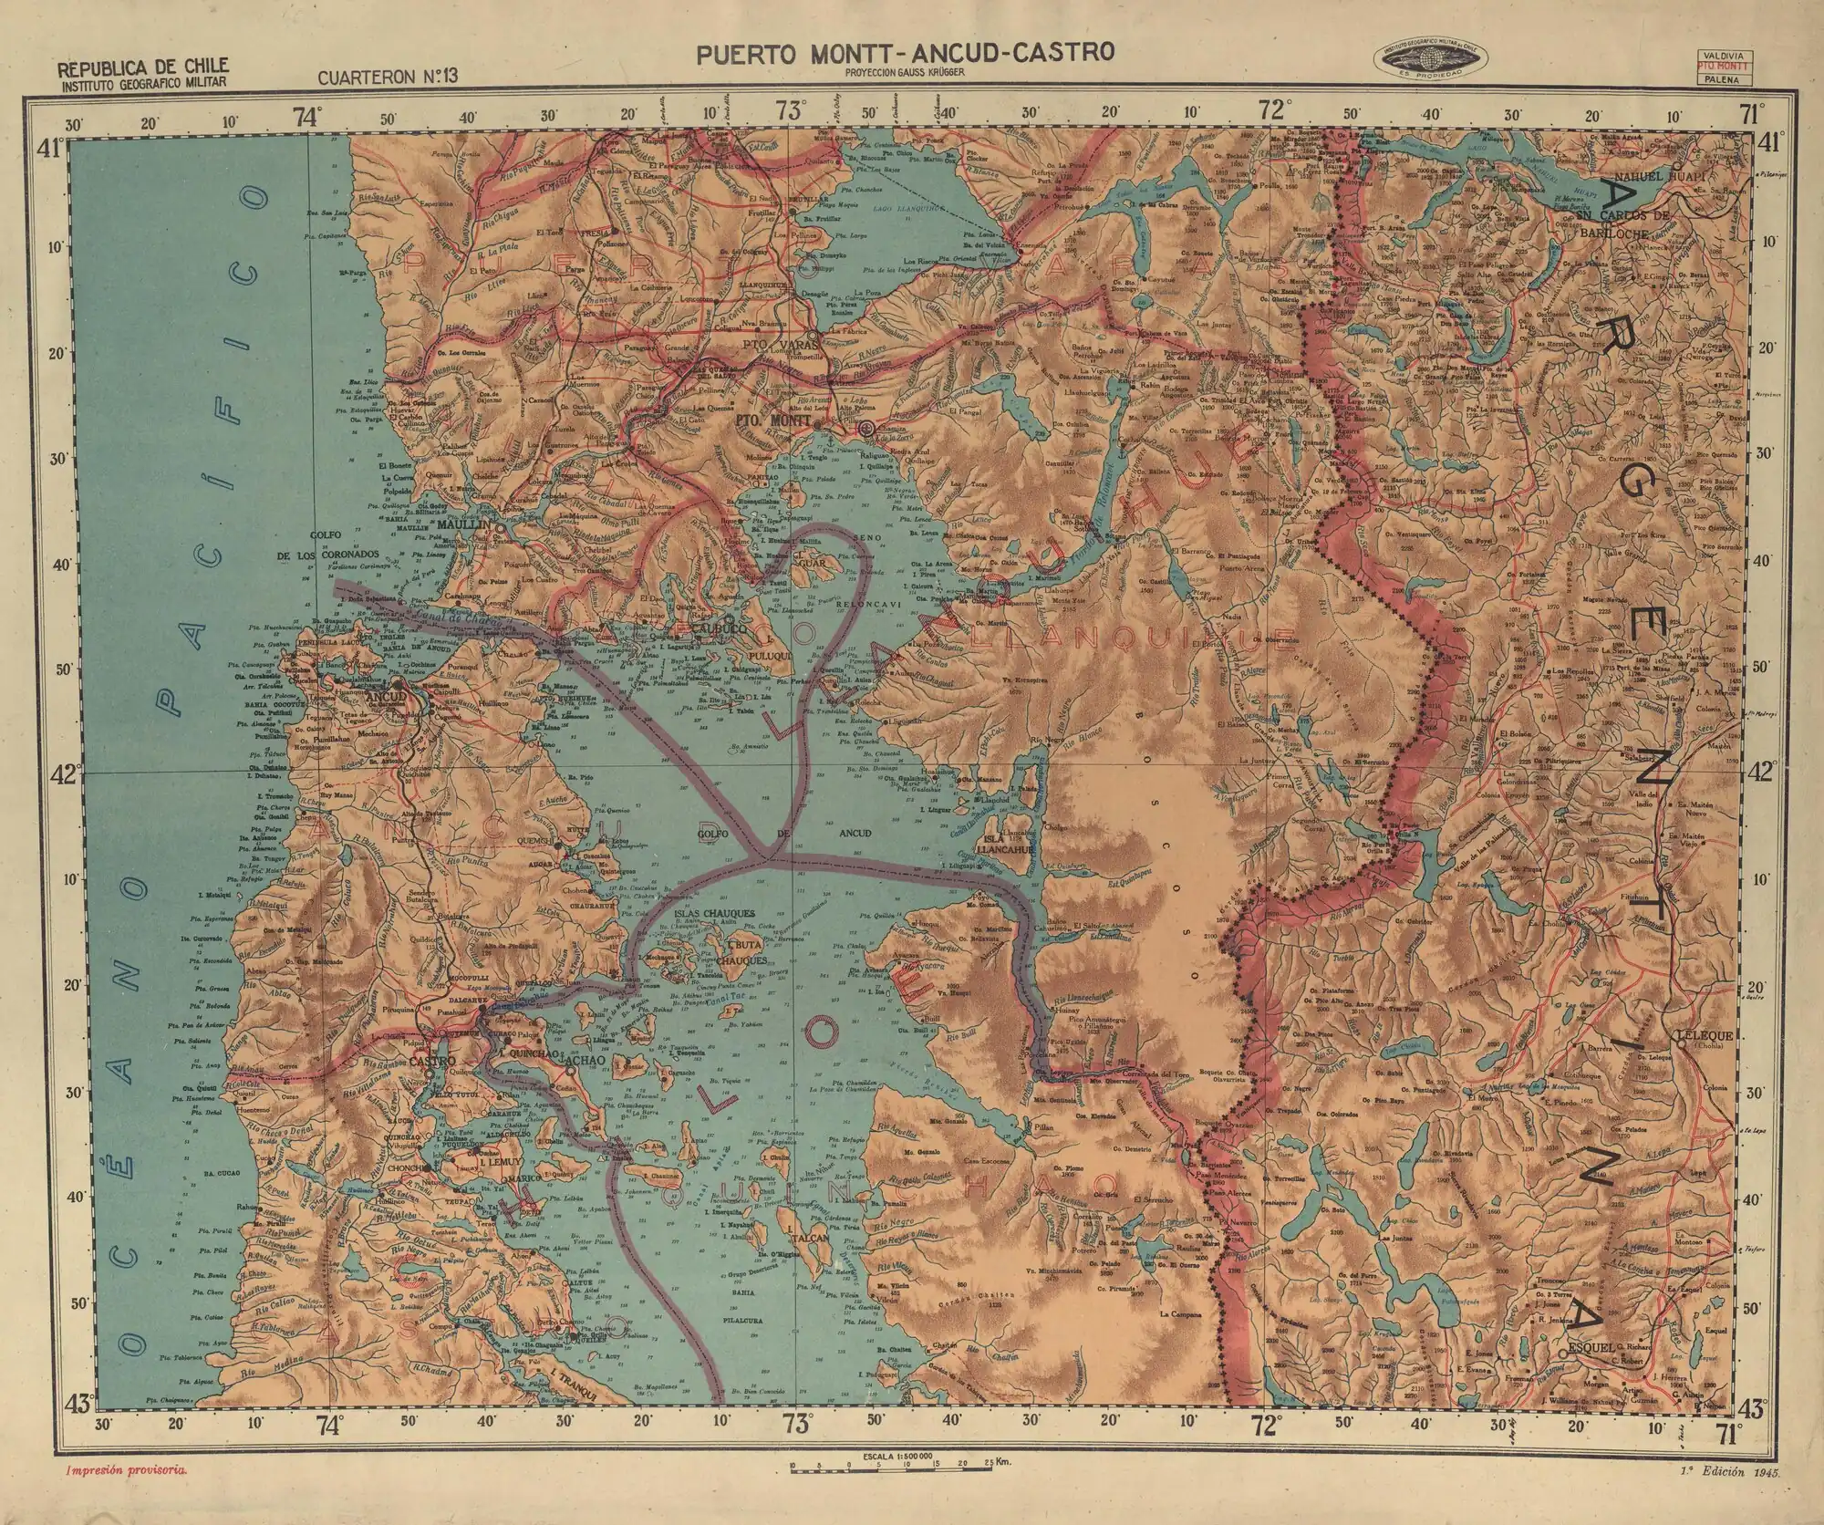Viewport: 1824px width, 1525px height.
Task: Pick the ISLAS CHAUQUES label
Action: [714, 913]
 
